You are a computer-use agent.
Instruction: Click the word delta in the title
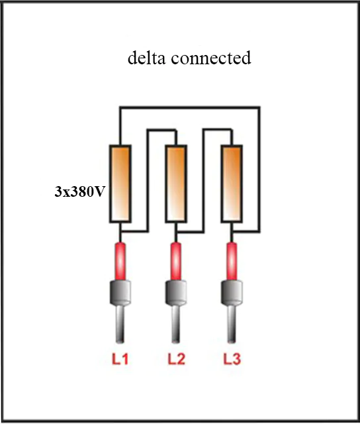point(146,58)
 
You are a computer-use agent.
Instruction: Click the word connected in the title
point(211,58)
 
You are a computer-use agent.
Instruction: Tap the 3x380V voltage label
point(79,191)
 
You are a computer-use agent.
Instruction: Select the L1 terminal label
point(120,359)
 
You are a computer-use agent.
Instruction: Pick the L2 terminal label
point(176,359)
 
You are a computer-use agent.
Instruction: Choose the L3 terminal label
point(232,359)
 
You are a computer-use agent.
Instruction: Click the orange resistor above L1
point(120,184)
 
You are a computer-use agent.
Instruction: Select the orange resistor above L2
point(176,184)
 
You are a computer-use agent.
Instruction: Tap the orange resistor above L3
point(232,184)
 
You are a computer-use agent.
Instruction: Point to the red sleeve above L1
point(120,262)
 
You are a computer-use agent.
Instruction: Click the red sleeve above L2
point(176,262)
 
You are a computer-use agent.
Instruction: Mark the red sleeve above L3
point(232,262)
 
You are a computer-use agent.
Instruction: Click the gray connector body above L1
point(120,293)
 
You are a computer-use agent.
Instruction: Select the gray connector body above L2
point(176,293)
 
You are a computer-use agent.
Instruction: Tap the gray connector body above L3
point(232,293)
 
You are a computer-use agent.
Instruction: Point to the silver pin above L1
point(120,324)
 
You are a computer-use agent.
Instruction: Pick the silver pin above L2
point(176,324)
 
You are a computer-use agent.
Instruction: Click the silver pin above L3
point(232,324)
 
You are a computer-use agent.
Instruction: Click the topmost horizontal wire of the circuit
point(190,107)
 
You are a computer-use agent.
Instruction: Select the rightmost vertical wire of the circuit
point(259,170)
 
